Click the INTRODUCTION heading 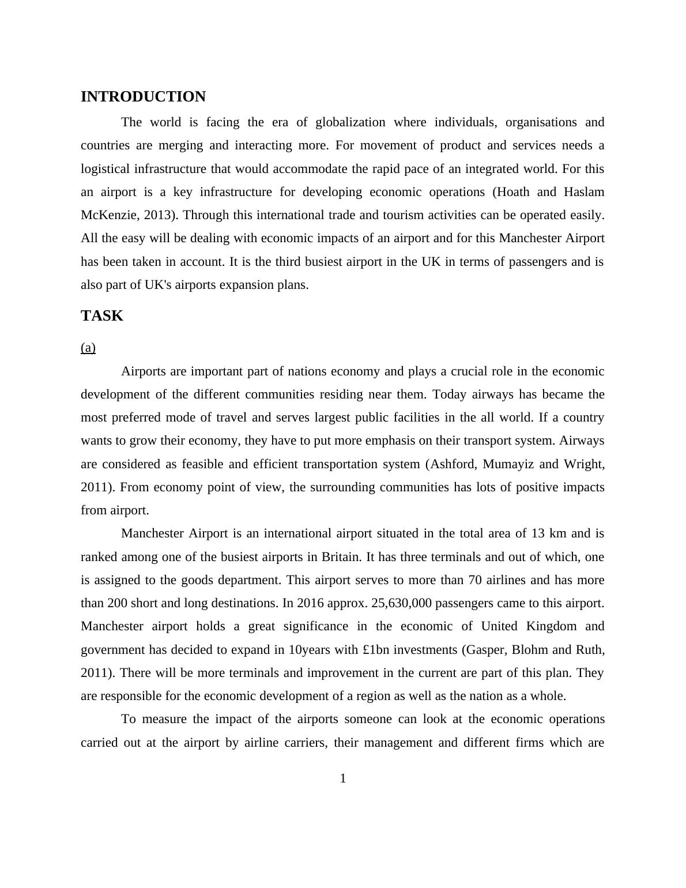point(143,97)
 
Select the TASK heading point(102,316)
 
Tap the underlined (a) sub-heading point(88,348)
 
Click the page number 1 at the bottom point(343,779)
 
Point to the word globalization point(351,122)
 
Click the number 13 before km point(538,533)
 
